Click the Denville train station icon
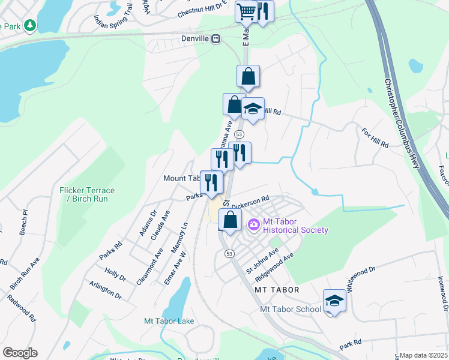click(x=216, y=39)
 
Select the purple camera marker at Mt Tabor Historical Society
click(x=253, y=225)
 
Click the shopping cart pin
click(x=246, y=11)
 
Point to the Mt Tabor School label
click(x=291, y=309)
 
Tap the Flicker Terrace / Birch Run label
click(x=87, y=194)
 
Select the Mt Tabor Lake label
click(x=169, y=321)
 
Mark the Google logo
click(x=20, y=352)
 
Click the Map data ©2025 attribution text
click(x=423, y=356)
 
